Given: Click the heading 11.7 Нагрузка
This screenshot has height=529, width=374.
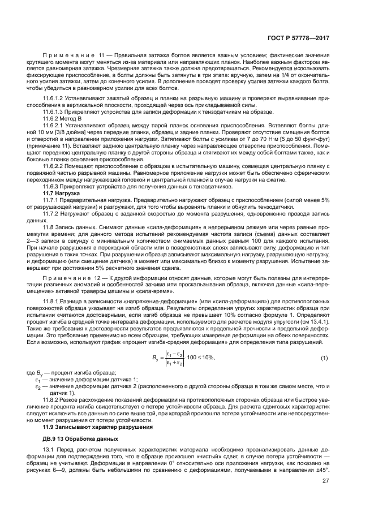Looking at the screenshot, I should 61,193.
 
